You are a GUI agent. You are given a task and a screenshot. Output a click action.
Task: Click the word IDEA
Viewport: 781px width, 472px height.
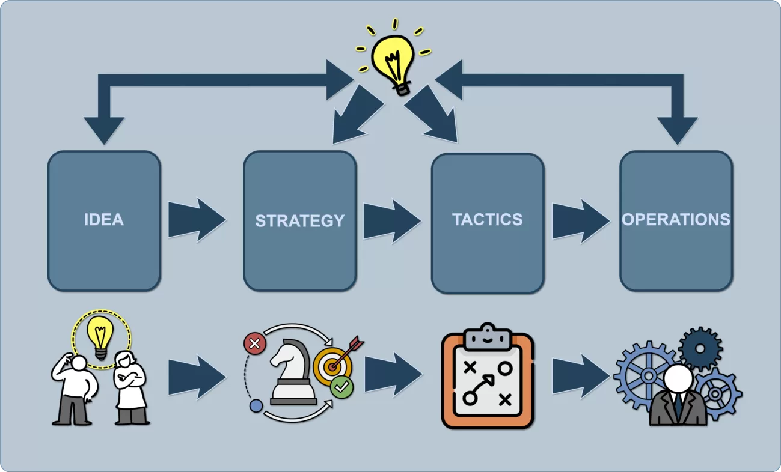click(104, 220)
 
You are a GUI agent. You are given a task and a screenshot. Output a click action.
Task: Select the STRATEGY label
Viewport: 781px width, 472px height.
click(299, 221)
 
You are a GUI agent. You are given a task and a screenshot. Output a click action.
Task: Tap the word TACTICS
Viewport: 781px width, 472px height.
click(488, 220)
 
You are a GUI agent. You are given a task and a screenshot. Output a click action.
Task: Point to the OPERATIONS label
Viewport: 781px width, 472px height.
click(676, 220)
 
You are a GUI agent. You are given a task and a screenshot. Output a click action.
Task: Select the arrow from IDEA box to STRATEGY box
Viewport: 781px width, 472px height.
click(195, 220)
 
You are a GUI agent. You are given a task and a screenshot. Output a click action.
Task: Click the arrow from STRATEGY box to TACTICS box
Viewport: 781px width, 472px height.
click(391, 222)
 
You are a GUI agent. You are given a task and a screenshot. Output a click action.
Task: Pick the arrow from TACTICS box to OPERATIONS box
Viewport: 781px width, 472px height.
click(580, 220)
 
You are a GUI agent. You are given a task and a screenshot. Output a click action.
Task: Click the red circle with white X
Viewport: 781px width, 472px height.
click(254, 344)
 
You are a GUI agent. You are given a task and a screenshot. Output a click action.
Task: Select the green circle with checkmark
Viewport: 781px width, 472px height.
click(341, 387)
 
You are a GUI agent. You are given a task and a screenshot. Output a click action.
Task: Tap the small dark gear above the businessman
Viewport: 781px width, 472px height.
click(700, 348)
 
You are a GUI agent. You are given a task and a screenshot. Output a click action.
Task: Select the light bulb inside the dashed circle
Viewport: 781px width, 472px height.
click(101, 335)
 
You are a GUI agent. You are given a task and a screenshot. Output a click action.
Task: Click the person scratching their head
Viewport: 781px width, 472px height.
click(75, 389)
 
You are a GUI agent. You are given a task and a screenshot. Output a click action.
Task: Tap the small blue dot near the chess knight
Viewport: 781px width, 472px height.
click(256, 406)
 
